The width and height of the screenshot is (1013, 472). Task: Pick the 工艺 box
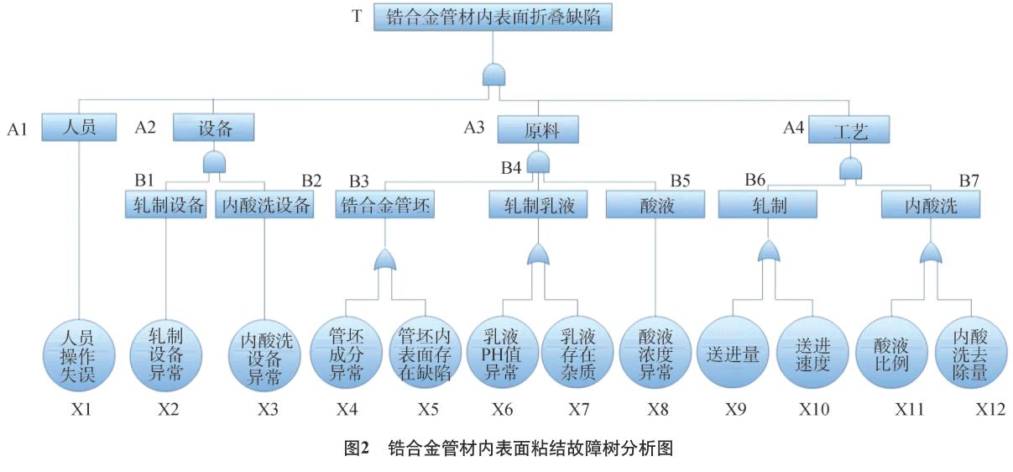click(849, 130)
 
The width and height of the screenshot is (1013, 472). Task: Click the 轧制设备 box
click(166, 205)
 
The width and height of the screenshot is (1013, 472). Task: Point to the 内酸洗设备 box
click(264, 205)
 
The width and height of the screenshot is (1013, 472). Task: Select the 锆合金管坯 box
click(385, 204)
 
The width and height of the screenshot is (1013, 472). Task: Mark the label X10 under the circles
click(812, 410)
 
